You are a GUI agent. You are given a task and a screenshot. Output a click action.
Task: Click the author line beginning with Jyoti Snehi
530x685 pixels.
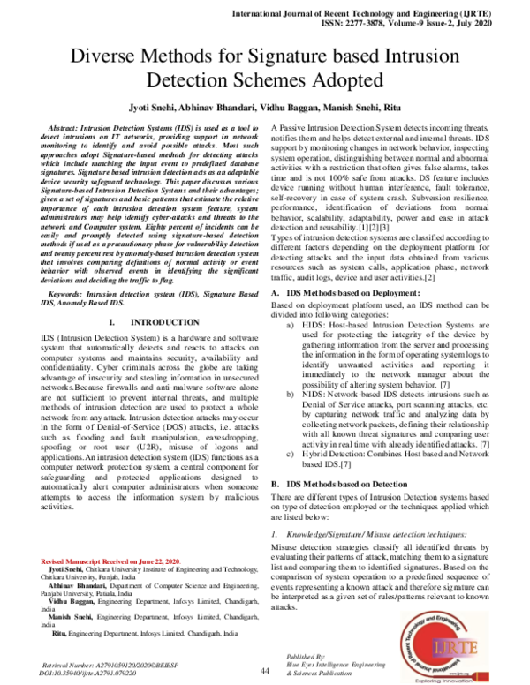265,109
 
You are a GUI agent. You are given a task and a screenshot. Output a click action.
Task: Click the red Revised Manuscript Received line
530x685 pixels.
110,562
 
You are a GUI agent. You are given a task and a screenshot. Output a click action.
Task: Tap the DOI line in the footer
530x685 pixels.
92,673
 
